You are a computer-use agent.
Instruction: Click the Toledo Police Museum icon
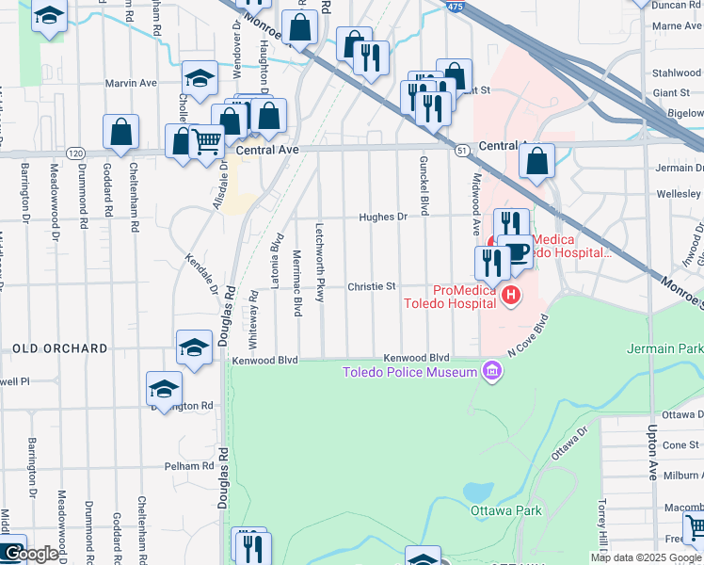(x=489, y=372)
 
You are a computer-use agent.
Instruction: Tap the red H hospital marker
(x=511, y=297)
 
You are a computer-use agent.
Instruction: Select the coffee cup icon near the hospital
(x=516, y=251)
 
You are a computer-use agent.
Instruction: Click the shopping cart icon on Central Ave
(x=206, y=142)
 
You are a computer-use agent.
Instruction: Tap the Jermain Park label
(x=664, y=348)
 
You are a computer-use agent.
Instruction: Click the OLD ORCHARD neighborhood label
(x=60, y=348)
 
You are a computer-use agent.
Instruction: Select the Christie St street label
(x=372, y=286)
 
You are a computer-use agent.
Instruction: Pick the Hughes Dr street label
(x=382, y=217)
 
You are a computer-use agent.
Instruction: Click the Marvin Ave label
(x=131, y=83)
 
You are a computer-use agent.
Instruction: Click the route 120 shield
(x=76, y=153)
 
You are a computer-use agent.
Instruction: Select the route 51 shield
(x=461, y=150)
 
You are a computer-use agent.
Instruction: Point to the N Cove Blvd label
(x=527, y=334)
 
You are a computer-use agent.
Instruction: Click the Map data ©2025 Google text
(x=646, y=557)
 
